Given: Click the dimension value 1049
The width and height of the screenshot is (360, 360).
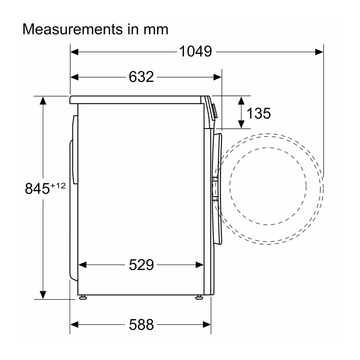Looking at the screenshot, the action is click(x=195, y=51).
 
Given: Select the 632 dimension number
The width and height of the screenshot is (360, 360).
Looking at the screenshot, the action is click(x=141, y=76).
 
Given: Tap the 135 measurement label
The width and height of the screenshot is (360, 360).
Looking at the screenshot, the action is click(x=258, y=113).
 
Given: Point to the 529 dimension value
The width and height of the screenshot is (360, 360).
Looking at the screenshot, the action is click(x=141, y=265).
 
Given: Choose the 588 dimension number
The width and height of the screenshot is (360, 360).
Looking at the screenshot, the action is click(x=141, y=324).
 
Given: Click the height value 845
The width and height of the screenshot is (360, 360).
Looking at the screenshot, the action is click(x=37, y=189).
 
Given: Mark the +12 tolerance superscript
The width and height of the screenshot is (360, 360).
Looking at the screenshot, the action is click(x=58, y=185).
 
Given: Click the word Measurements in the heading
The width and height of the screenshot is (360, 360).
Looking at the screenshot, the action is click(x=72, y=29).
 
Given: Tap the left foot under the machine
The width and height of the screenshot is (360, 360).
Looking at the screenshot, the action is click(x=83, y=297).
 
